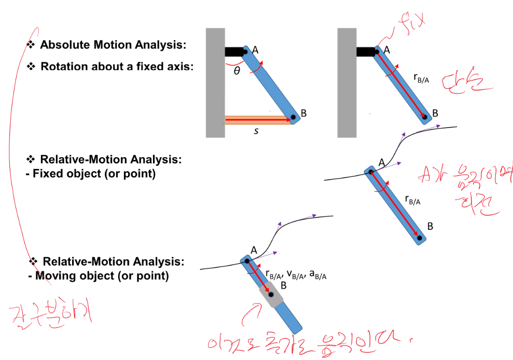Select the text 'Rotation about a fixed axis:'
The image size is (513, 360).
(117, 66)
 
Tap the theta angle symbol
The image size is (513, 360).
(237, 71)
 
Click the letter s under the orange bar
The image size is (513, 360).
(256, 131)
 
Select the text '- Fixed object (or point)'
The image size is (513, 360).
(90, 174)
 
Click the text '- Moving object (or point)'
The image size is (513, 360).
(99, 276)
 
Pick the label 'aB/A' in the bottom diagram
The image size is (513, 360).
(317, 274)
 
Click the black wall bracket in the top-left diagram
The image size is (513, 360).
(234, 52)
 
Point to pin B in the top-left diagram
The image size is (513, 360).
(293, 117)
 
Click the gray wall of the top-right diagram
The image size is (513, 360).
(346, 83)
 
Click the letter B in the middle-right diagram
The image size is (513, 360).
(431, 226)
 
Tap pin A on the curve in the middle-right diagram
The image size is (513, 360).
(370, 171)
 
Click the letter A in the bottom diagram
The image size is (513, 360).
(254, 250)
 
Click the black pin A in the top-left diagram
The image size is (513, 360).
(245, 51)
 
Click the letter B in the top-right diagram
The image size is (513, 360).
(435, 113)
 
